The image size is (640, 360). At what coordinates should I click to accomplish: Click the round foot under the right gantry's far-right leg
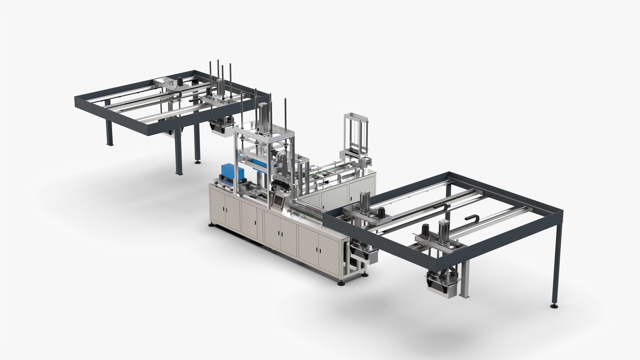click(554, 305)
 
